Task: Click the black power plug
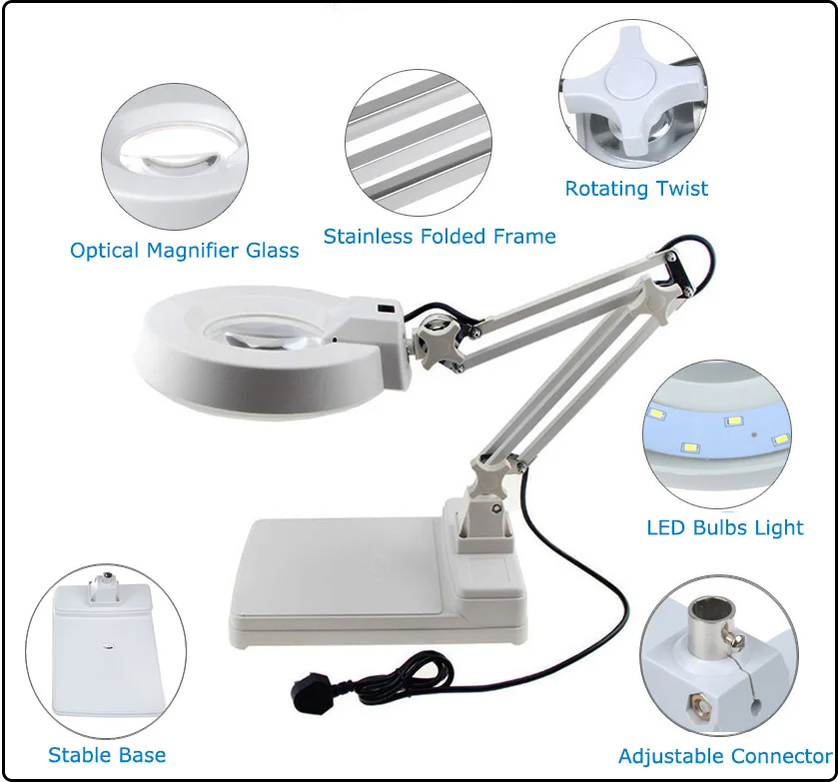pyautogui.click(x=310, y=695)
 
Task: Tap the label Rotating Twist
pyautogui.click(x=636, y=188)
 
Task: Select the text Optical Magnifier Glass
pyautogui.click(x=185, y=250)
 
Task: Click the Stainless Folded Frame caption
pyautogui.click(x=439, y=237)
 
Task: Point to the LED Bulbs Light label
pyautogui.click(x=725, y=527)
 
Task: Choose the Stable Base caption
pyautogui.click(x=107, y=755)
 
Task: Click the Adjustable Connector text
pyautogui.click(x=725, y=756)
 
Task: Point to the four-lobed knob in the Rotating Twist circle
pyautogui.click(x=630, y=91)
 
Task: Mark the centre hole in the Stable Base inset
pyautogui.click(x=108, y=646)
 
